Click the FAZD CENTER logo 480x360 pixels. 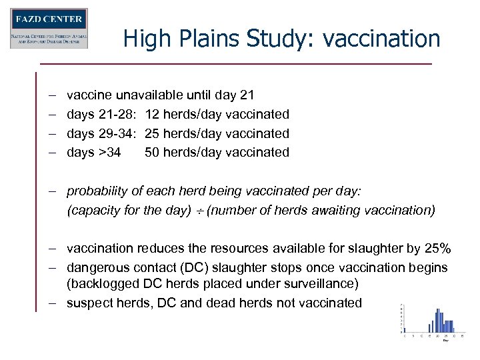[49, 28]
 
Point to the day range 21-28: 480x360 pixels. [117, 115]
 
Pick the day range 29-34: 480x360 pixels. [117, 133]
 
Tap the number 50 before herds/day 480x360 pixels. [152, 152]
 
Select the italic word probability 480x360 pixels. [98, 191]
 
